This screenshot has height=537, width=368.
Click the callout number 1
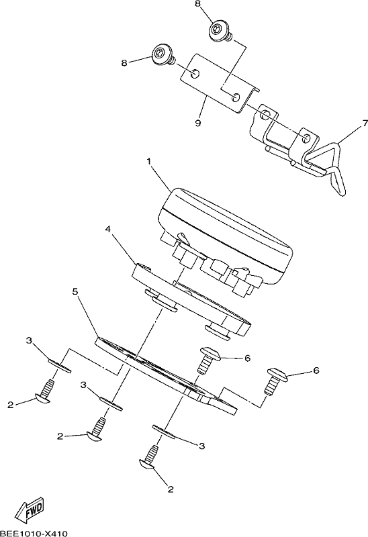[x=148, y=161]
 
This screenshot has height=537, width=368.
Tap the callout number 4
[x=107, y=229]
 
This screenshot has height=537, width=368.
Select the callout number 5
[x=76, y=291]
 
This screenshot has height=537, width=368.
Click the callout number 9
[x=197, y=124]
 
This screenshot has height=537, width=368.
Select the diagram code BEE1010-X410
[x=34, y=533]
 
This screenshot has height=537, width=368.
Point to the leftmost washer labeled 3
[x=59, y=366]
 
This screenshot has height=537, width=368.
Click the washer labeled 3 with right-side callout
[x=164, y=431]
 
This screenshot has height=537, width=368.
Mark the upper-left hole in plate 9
[x=195, y=72]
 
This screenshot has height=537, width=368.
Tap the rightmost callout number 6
[x=316, y=371]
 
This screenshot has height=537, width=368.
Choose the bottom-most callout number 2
[x=171, y=489]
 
